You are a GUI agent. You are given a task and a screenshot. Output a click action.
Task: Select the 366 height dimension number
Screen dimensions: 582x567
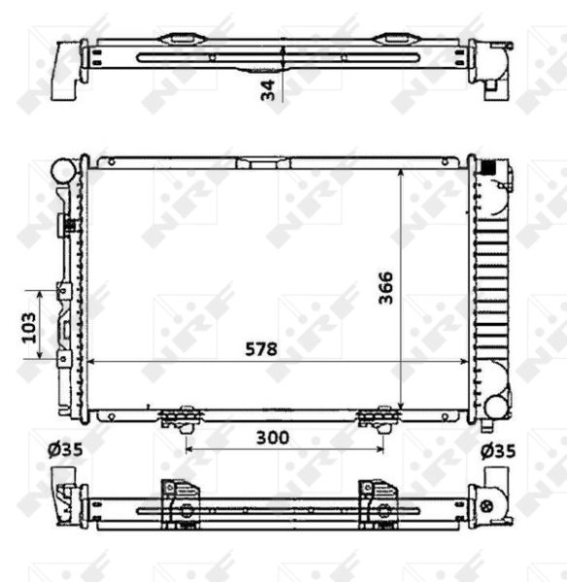pos(385,287)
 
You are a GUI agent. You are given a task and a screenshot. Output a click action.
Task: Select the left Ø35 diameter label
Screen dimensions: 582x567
pos(65,450)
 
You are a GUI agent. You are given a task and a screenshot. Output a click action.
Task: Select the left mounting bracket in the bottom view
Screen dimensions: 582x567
pos(181,503)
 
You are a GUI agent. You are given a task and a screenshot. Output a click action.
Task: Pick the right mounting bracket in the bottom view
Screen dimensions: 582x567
pos(377,503)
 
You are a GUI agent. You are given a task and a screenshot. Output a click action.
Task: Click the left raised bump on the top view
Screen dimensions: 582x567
pos(182,41)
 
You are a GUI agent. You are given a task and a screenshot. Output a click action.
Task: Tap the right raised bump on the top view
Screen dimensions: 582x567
pos(393,41)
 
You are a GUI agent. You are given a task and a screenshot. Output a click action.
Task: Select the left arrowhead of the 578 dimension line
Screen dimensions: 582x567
pos(92,361)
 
